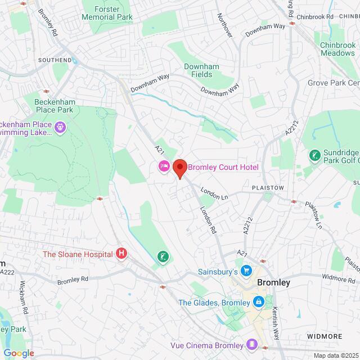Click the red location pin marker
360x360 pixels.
pos(179,168)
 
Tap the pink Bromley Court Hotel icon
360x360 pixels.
pos(164,166)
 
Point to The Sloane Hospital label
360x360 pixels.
pos(78,254)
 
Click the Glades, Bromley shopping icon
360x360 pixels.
pos(258,303)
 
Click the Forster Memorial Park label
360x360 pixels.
pos(107,13)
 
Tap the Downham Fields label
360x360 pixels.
pos(198,70)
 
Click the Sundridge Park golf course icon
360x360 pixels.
pos(314,154)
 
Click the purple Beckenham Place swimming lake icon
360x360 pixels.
pos(61,129)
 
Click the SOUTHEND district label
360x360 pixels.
pos(55,60)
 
